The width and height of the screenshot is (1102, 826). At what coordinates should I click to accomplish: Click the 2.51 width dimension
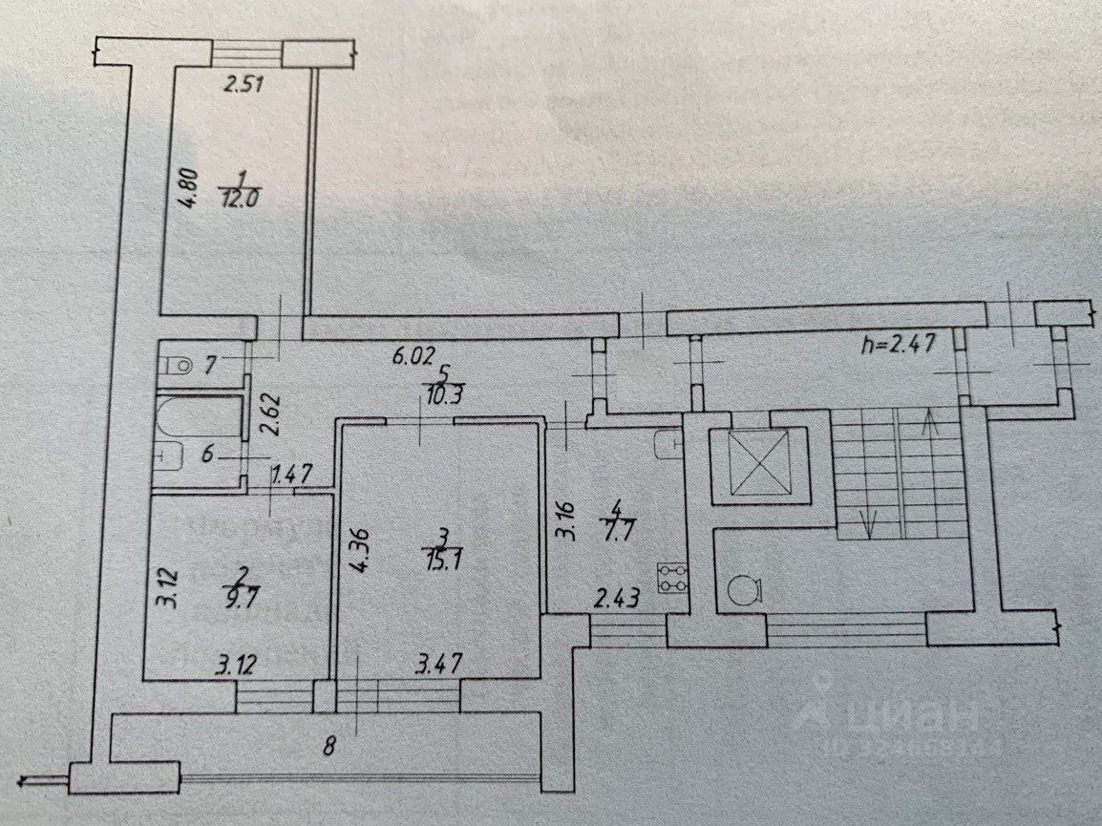tap(243, 85)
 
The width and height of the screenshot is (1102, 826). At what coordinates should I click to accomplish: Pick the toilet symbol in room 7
tap(175, 364)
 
